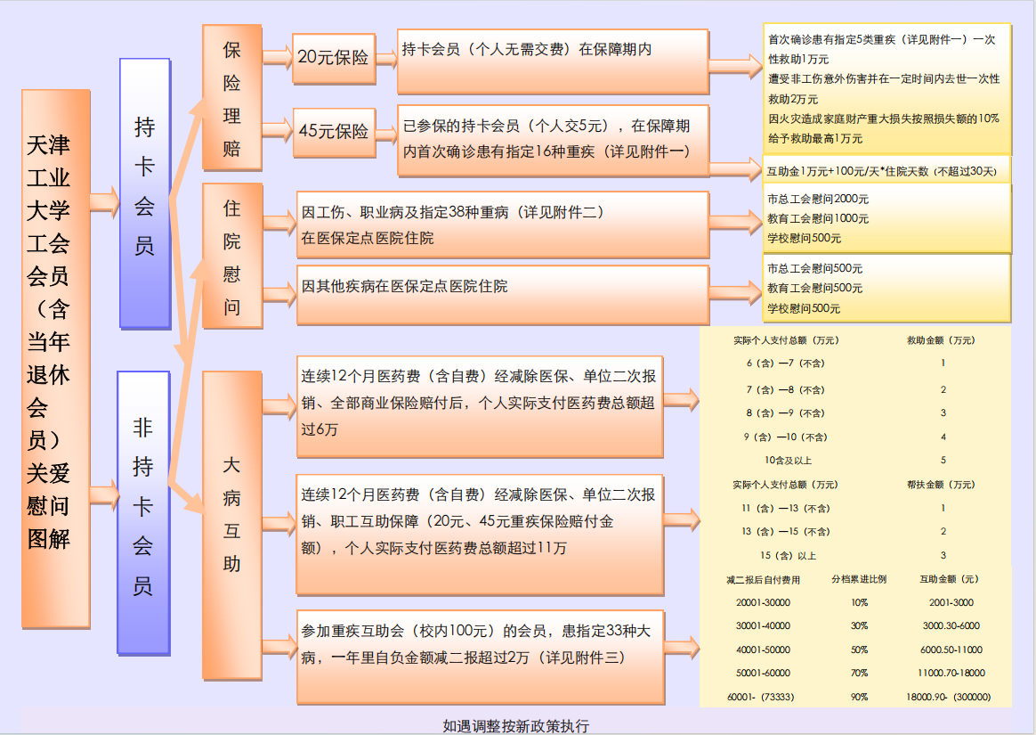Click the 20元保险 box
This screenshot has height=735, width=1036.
point(335,58)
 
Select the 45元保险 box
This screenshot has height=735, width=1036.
point(335,132)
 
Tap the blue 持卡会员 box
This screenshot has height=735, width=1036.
point(145,193)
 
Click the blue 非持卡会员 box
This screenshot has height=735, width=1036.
point(143,512)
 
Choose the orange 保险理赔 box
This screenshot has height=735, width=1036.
point(232,98)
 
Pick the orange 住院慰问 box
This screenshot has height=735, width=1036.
point(232,256)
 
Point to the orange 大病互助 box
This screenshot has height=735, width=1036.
point(232,526)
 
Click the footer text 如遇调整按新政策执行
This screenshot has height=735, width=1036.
point(516,726)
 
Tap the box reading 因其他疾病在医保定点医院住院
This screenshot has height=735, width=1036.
point(503,295)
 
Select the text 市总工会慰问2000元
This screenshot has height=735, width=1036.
point(818,200)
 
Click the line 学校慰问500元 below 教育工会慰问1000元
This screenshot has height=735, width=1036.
point(804,238)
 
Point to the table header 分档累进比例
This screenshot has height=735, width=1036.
point(859,579)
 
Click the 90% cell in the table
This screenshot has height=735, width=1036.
point(859,697)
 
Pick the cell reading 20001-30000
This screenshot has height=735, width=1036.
point(763,602)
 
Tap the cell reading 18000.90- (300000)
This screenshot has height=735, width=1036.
point(949,697)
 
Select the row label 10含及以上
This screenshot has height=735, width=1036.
point(789,461)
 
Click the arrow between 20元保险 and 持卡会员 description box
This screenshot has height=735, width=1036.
point(386,58)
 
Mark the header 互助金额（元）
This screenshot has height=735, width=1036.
point(950,579)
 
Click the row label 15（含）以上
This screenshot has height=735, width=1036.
point(788,556)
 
